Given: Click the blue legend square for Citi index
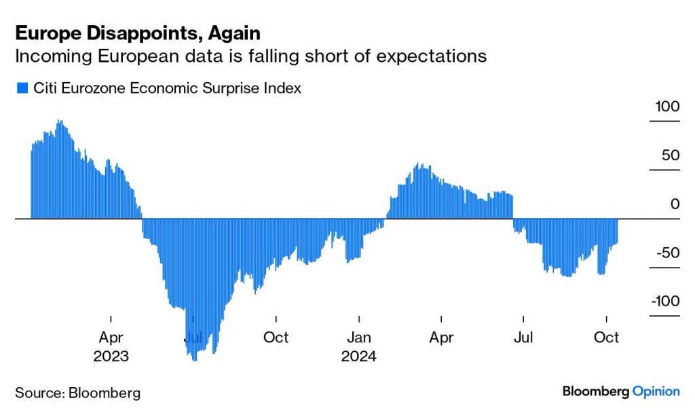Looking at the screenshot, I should (x=22, y=88).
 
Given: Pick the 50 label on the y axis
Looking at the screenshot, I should (x=670, y=155).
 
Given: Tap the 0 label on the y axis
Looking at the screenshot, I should (x=675, y=204).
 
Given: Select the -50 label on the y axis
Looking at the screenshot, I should (x=666, y=253).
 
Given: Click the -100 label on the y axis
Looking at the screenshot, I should (x=664, y=301).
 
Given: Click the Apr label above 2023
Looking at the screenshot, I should (x=111, y=337).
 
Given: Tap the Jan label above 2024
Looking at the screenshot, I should (x=358, y=337).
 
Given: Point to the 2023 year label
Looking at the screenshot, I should (x=111, y=355).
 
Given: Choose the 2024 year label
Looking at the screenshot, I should (x=358, y=355).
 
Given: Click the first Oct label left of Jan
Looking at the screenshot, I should (x=276, y=337).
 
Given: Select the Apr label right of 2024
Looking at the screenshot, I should (x=441, y=337).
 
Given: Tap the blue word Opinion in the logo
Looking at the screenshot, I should (x=656, y=391).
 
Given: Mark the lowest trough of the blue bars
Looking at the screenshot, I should (x=195, y=359).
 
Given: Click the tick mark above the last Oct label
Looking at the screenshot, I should (x=606, y=319).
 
